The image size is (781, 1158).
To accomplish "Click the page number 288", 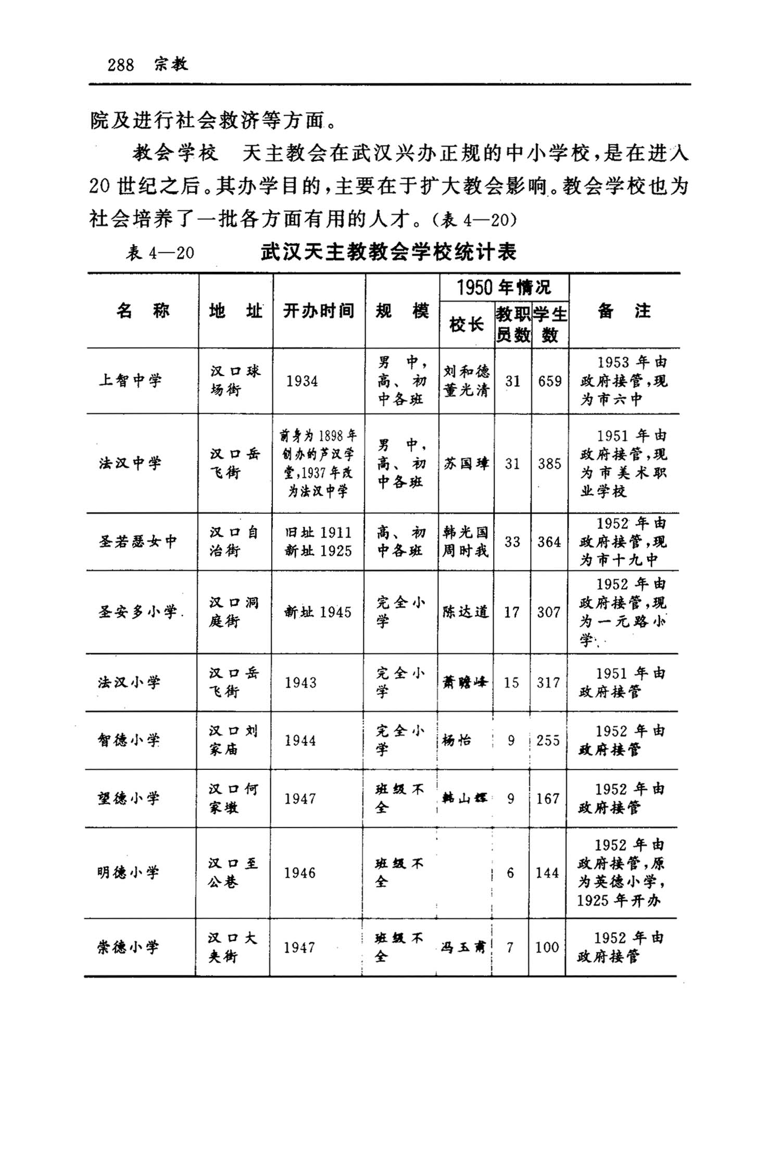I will tap(121, 65).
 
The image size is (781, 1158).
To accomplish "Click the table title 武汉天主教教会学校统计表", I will tap(388, 252).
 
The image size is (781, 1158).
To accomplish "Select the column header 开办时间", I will tap(319, 311).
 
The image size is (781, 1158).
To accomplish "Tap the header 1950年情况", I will tap(503, 287).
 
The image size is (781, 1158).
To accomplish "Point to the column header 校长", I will tap(466, 325).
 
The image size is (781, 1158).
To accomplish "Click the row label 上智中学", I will tap(130, 381).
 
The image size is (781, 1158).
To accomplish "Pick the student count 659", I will tap(550, 381).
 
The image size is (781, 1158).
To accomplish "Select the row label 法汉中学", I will tap(130, 463).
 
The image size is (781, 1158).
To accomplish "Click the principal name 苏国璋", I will tap(466, 464).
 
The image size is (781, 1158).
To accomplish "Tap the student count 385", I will tap(550, 464).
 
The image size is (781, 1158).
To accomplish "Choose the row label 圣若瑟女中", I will tap(138, 542).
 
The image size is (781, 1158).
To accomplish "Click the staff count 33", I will tap(512, 542).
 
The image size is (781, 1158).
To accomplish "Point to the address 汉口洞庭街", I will tap(234, 612).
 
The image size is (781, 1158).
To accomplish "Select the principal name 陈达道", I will tap(465, 612).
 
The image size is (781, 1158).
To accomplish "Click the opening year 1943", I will tap(300, 682).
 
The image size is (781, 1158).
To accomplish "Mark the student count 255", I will tap(548, 740).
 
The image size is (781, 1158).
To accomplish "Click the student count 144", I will tap(547, 873).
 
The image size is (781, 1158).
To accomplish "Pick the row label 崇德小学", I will tap(128, 947).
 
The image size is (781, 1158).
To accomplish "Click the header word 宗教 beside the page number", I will tap(171, 65).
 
